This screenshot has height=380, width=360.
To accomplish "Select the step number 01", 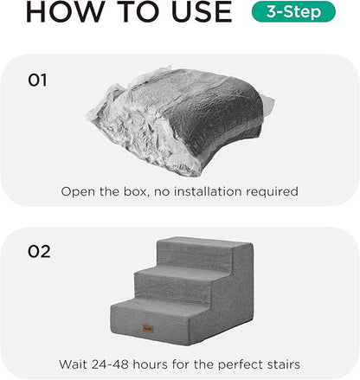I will point(37,81).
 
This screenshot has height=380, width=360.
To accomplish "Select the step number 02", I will point(39,252).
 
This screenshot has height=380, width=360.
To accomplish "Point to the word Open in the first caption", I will point(78,191).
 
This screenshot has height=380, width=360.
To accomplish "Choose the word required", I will point(273,191).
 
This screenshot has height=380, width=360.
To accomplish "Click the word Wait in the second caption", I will point(75,364).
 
